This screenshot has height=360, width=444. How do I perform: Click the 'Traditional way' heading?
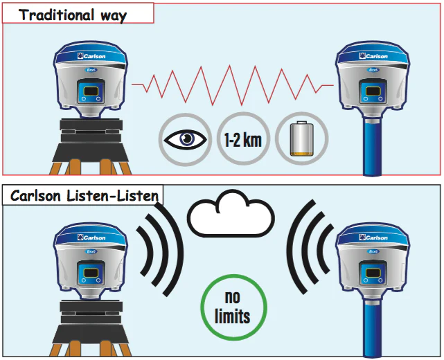tap(73, 15)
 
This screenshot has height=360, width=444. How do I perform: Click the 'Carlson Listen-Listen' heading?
tap(84, 197)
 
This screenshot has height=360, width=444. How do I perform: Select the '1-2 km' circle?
tap(242, 138)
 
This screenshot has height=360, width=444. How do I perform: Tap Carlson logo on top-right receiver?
tap(374, 55)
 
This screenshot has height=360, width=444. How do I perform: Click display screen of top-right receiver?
tap(372, 92)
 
